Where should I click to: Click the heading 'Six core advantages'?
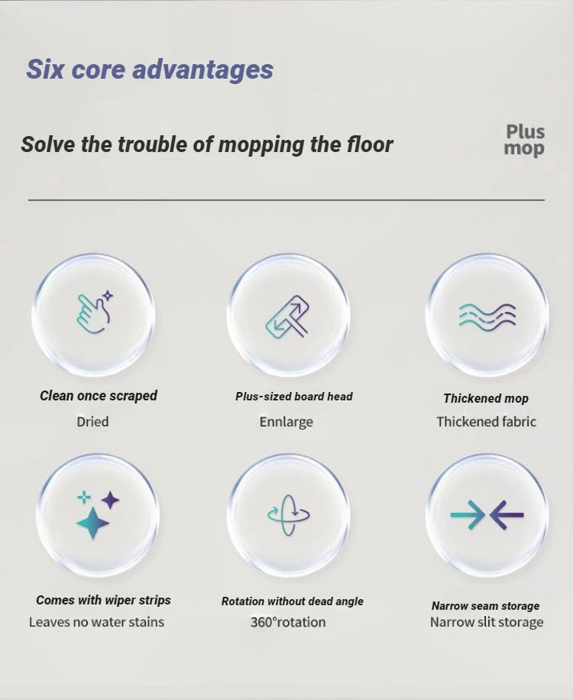pyautogui.click(x=150, y=70)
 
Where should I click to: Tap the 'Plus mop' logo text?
pyautogui.click(x=524, y=140)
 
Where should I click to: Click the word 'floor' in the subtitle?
pyautogui.click(x=369, y=144)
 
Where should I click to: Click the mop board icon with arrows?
pyautogui.click(x=288, y=316)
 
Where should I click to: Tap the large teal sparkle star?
pyautogui.click(x=92, y=523)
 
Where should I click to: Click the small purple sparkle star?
pyautogui.click(x=111, y=501)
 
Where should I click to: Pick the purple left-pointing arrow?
pyautogui.click(x=507, y=514)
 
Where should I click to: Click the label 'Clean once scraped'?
pyautogui.click(x=99, y=396)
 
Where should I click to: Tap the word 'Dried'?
pyautogui.click(x=92, y=422)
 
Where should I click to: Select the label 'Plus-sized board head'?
pyautogui.click(x=294, y=397)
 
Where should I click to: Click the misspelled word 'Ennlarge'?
pyautogui.click(x=286, y=422)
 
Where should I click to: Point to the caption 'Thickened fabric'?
pyautogui.click(x=486, y=422)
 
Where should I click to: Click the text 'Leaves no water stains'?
pyautogui.click(x=96, y=622)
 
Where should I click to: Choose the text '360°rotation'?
pyautogui.click(x=288, y=622)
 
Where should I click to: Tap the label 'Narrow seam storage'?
pyautogui.click(x=485, y=606)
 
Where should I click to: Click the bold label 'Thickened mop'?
pyautogui.click(x=486, y=398)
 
